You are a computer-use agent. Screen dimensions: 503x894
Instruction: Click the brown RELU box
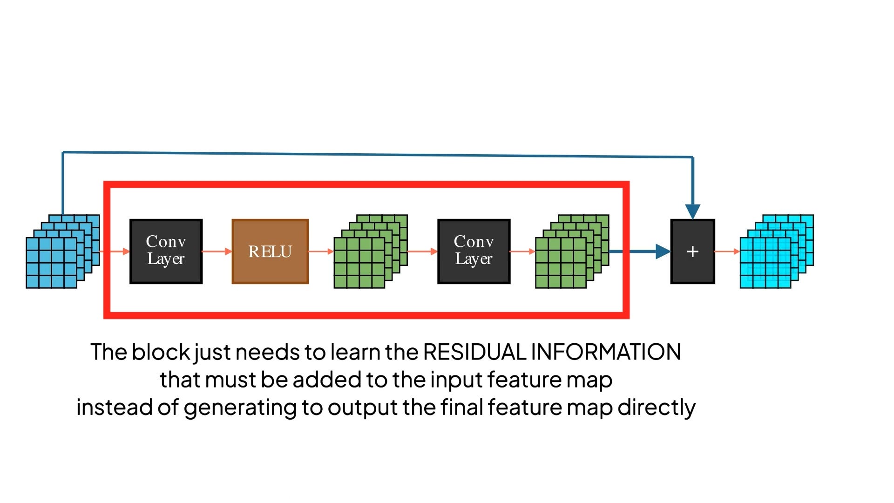tap(270, 251)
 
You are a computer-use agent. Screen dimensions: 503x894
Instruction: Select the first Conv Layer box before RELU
tap(166, 251)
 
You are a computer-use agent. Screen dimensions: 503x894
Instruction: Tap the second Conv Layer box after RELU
tap(474, 251)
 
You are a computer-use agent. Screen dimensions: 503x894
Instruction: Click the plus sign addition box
tap(692, 251)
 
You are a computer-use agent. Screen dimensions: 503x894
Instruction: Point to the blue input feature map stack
tap(62, 251)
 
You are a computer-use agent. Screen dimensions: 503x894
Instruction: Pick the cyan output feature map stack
tap(776, 251)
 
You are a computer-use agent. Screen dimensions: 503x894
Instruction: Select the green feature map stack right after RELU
tap(370, 251)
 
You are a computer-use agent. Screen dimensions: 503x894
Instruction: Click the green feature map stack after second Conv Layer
tap(572, 251)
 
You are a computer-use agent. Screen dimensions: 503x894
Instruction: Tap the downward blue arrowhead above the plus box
tap(693, 211)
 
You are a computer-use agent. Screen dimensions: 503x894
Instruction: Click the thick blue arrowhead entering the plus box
tap(663, 251)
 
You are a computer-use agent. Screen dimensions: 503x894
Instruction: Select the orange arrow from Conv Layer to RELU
tap(217, 251)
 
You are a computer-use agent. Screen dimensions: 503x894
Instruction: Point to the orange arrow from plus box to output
tap(727, 251)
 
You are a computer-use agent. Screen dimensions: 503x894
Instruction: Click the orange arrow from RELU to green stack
tap(321, 251)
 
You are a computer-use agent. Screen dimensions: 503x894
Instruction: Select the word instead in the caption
tap(114, 408)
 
